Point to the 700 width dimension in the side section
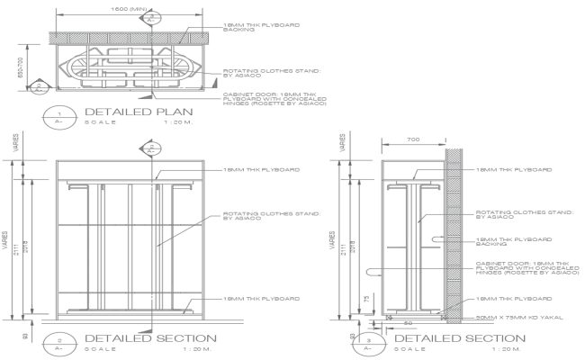411,139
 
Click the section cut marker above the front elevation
154,148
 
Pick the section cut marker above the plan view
154,17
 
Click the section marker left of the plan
39,87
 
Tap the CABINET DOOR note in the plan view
272,98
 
